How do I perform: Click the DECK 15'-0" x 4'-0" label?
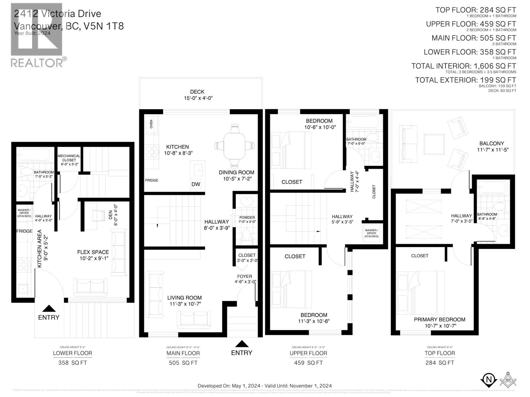[197, 95]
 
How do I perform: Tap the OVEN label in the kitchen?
[151, 124]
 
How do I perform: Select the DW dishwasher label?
[196, 184]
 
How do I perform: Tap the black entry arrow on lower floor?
[49, 308]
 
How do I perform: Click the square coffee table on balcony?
[434, 144]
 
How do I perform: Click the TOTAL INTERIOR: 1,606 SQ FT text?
[463, 66]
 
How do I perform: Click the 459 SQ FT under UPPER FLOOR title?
[308, 363]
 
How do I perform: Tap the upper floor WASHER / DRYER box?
[371, 233]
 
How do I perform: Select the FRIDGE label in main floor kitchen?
[151, 180]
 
